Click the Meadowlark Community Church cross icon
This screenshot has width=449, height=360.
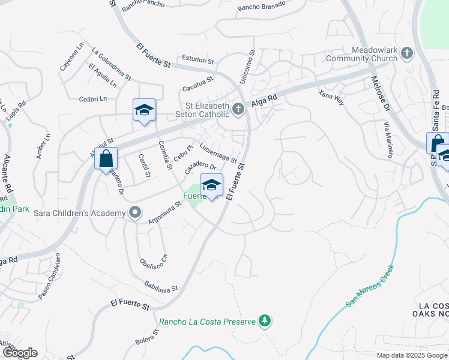[406, 53]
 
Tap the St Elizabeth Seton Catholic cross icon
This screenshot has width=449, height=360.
[238, 109]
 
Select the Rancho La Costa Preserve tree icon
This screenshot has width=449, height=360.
[264, 322]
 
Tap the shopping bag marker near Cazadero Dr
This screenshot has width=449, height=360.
[106, 160]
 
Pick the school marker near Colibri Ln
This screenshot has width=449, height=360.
[144, 110]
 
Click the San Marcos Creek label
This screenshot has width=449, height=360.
[369, 287]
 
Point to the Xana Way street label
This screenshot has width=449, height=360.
[332, 98]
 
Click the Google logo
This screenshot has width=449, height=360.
[19, 353]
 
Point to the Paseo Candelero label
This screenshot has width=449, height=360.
[50, 284]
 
